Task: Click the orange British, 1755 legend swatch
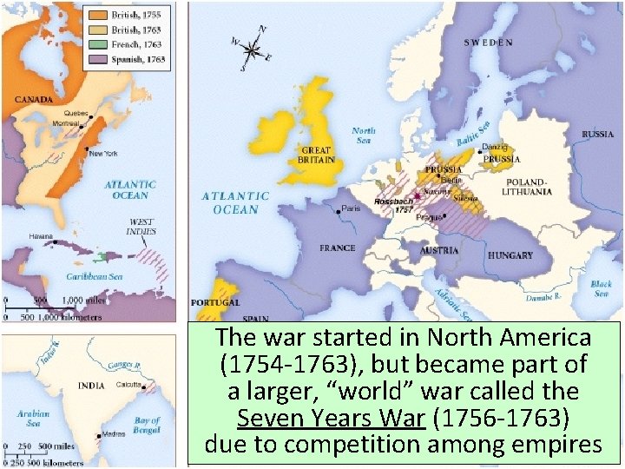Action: (96, 16)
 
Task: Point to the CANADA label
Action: (33, 99)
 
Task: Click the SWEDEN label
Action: (488, 42)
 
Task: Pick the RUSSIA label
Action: (597, 135)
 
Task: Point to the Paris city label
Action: (351, 209)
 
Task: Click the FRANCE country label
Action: (338, 248)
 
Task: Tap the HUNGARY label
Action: (510, 255)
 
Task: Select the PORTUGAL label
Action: (215, 302)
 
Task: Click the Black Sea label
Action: (601, 288)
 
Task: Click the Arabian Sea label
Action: (32, 419)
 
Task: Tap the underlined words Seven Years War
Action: (330, 419)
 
